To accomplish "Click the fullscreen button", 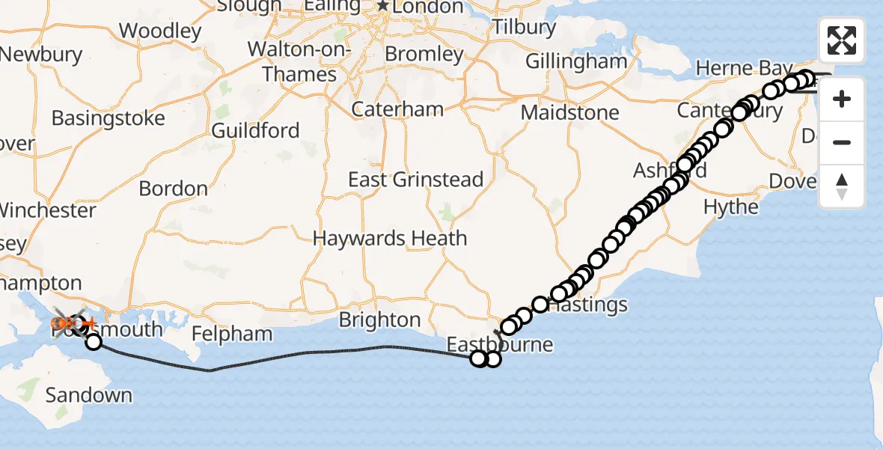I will tap(842, 40).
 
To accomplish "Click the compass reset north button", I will tap(842, 186).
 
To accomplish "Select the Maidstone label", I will tap(570, 113).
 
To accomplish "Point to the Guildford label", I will tap(255, 130).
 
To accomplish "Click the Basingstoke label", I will tap(109, 118).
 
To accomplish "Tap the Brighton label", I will tap(379, 320).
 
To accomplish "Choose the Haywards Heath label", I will tap(389, 239).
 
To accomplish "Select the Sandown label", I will tap(89, 395).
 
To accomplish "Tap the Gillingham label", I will tap(576, 61).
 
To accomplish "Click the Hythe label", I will tap(731, 207).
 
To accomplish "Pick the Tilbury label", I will tap(525, 28).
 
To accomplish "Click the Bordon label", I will tap(174, 189).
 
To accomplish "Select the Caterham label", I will tap(397, 109).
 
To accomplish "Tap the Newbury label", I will tap(41, 55).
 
